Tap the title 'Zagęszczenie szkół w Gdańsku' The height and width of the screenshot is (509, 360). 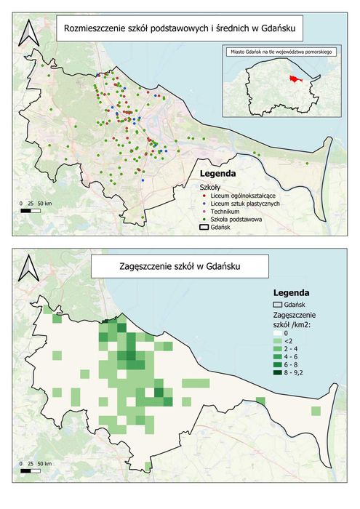click(x=179, y=268)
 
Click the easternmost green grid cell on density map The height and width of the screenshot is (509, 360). click(x=316, y=412)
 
